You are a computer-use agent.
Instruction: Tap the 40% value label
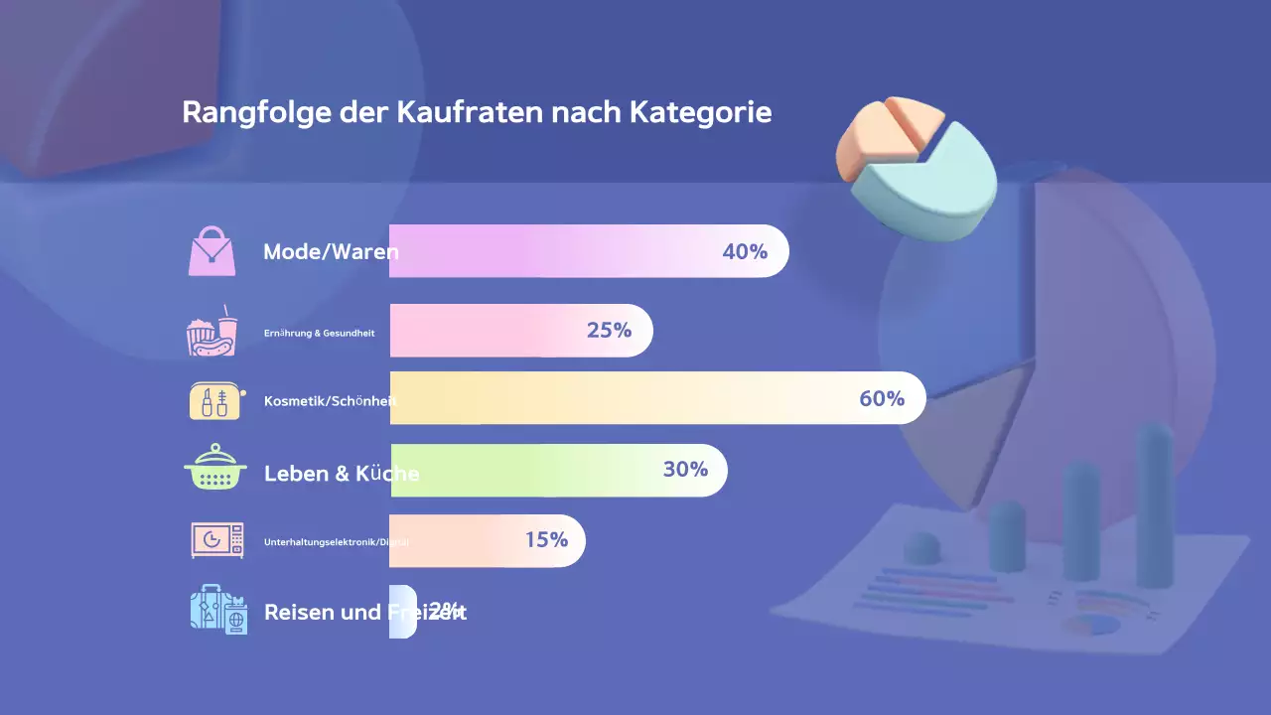[745, 251]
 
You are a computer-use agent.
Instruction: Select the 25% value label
[609, 330]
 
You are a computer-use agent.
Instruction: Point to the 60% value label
[882, 398]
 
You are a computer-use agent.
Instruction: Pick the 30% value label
[685, 469]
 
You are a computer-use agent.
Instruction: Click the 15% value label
[546, 540]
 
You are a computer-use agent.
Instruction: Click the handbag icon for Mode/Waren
[212, 251]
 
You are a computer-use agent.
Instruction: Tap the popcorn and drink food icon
[212, 331]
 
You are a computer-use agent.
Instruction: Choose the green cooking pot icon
[214, 469]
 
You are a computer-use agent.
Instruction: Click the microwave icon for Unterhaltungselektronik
[217, 540]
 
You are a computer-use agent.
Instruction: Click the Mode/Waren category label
[331, 252]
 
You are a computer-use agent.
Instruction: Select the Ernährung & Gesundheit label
[320, 334]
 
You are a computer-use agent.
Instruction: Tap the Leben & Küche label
[342, 474]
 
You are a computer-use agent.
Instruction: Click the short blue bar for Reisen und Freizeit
[403, 612]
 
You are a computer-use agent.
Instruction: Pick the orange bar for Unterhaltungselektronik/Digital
[477, 540]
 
